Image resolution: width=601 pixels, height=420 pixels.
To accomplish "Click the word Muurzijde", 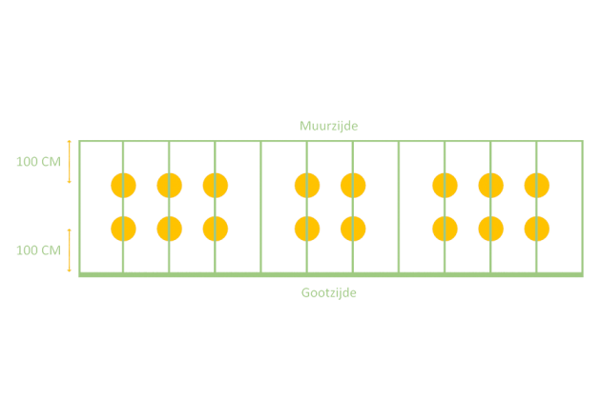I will (x=329, y=126).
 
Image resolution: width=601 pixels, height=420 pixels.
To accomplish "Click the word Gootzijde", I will (x=329, y=292).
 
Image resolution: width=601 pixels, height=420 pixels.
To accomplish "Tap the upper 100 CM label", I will (x=38, y=161).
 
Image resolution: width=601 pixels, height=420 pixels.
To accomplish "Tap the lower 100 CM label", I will (x=38, y=250).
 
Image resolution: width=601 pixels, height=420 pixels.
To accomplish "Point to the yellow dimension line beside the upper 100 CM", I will (x=69, y=161).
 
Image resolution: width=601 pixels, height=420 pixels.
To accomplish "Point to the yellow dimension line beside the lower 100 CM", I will (x=69, y=250).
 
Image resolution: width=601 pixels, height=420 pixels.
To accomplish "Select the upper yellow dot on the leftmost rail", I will (x=123, y=185).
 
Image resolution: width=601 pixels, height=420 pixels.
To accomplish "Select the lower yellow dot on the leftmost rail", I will (x=123, y=229).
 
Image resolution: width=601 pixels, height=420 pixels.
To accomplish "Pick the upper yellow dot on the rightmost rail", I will (x=537, y=185).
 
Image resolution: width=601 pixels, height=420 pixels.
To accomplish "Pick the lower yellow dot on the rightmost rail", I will (x=537, y=229).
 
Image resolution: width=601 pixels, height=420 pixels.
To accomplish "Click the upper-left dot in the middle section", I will (x=307, y=185).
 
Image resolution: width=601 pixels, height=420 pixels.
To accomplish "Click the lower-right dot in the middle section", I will (x=353, y=229).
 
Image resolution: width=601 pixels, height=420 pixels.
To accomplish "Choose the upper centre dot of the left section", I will (x=169, y=185).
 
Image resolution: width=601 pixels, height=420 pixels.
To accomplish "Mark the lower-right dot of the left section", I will (x=216, y=229).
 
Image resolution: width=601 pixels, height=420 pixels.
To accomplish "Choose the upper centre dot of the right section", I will (x=491, y=185).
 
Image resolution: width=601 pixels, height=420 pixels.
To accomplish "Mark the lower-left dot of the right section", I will (x=445, y=229).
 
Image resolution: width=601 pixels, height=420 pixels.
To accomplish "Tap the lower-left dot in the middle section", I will (x=307, y=229).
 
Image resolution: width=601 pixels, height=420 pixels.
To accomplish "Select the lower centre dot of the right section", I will (x=491, y=229).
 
